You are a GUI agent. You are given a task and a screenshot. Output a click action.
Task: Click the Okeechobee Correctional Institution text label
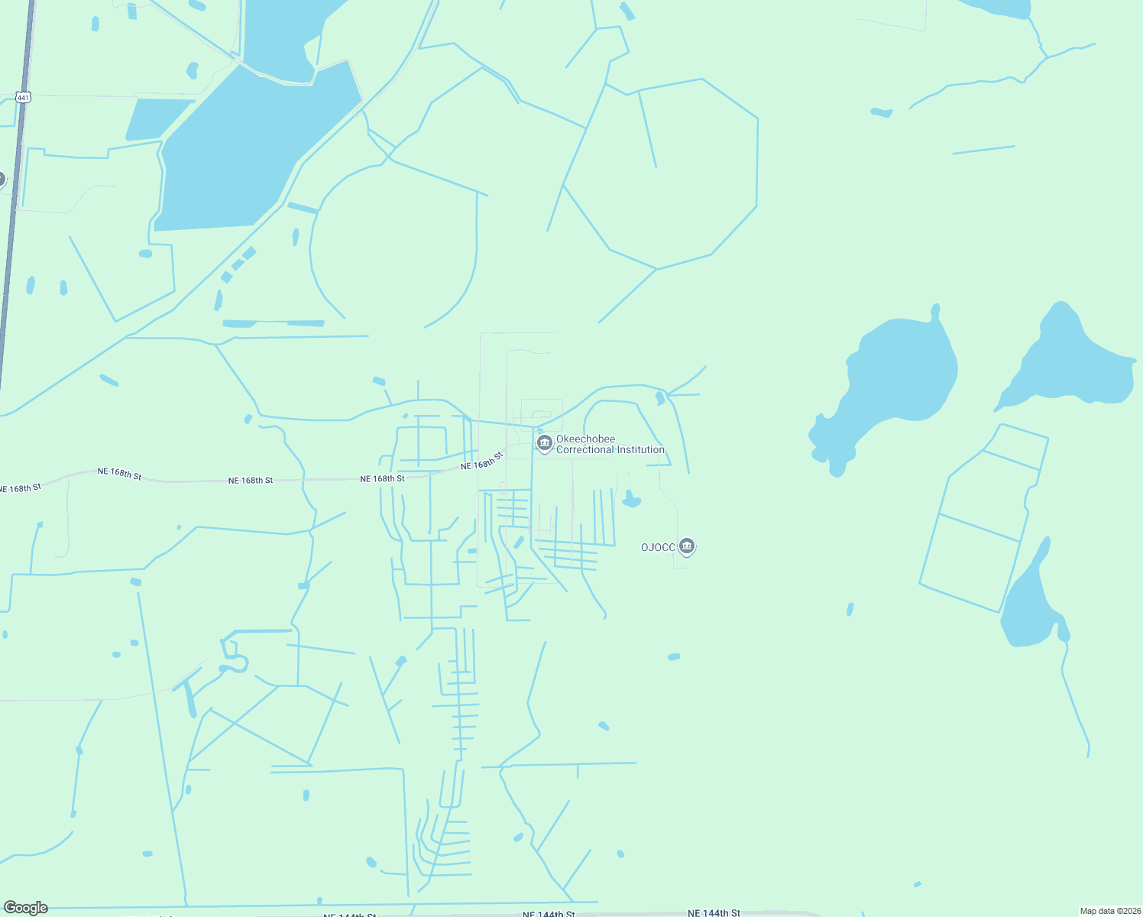click(610, 445)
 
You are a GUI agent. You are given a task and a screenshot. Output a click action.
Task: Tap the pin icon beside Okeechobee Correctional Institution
click(545, 443)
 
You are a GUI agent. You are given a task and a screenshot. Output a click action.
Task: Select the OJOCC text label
click(658, 547)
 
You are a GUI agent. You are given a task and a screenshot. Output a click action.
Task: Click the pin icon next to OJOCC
click(687, 546)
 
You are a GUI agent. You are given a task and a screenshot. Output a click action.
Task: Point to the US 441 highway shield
click(24, 98)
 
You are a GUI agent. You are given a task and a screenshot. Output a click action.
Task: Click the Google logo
click(26, 908)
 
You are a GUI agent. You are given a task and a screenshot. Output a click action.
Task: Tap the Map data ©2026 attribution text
click(1110, 911)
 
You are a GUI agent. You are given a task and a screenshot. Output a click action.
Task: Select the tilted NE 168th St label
click(482, 461)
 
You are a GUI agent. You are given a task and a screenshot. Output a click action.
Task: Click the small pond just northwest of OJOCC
click(630, 501)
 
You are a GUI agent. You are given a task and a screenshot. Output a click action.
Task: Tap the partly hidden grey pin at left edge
click(2, 180)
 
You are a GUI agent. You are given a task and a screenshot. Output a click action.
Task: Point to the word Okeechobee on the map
click(585, 439)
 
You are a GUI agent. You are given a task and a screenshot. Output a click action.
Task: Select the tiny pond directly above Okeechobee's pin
click(540, 430)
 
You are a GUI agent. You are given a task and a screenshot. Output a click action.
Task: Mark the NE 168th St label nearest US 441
click(21, 488)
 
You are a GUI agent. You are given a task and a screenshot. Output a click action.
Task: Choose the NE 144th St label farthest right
click(714, 912)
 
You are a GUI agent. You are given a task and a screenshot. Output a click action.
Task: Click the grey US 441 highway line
click(14, 229)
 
